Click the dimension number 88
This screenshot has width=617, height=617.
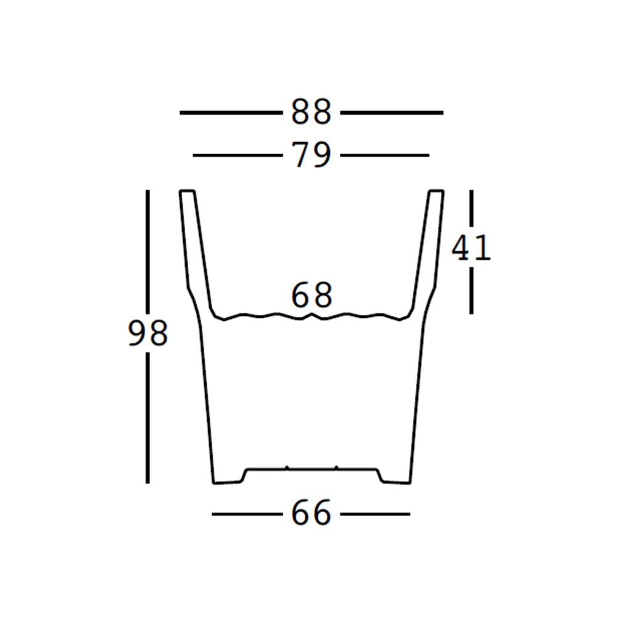click(x=311, y=112)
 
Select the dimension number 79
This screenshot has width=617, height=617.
click(x=311, y=155)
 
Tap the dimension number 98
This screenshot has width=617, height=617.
click(x=148, y=333)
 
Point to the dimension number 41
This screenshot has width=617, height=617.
click(x=471, y=248)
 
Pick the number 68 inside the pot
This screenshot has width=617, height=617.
click(x=311, y=295)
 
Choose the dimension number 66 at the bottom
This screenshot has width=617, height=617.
click(x=311, y=513)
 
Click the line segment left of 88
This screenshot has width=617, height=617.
click(x=231, y=112)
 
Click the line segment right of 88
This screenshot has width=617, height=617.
click(x=392, y=112)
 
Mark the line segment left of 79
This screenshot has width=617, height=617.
click(x=238, y=155)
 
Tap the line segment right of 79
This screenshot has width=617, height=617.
click(x=385, y=155)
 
